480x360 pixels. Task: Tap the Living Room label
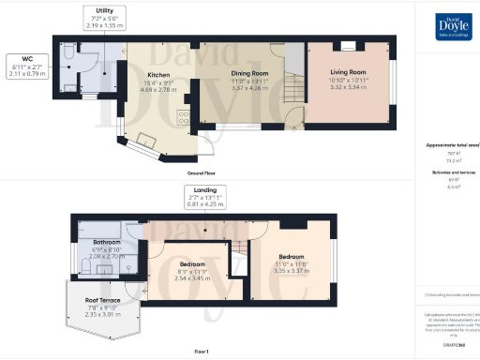(x=347, y=71)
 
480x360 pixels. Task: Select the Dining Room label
(x=250, y=72)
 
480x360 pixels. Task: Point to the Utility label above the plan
(x=93, y=9)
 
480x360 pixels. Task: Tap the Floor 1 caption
(x=200, y=350)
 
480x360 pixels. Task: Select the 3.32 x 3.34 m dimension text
(x=347, y=86)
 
